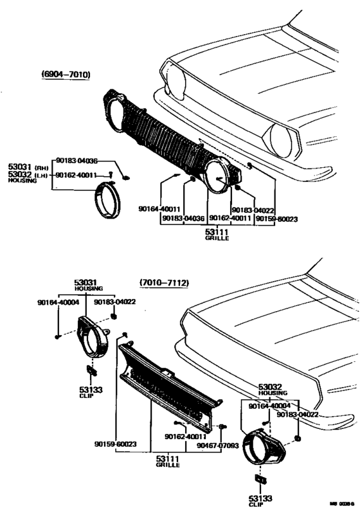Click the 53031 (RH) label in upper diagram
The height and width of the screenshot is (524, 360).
tap(24, 167)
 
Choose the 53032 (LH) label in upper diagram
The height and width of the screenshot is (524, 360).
tap(24, 174)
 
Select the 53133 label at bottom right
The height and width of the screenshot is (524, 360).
tap(260, 498)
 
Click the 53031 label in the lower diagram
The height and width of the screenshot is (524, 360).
tap(85, 282)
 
